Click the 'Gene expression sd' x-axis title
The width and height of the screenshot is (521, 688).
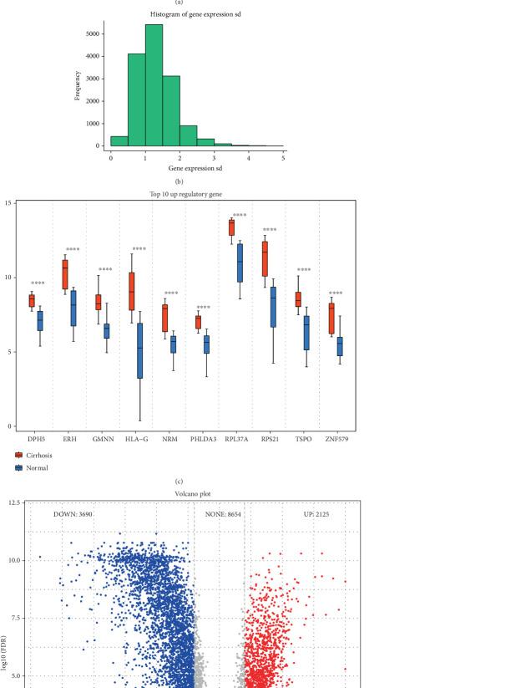[x=197, y=169]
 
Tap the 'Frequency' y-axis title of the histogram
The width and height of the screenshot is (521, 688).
[x=77, y=84]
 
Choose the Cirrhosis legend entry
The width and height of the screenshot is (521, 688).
[x=37, y=456]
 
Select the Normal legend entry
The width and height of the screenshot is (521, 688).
[x=34, y=467]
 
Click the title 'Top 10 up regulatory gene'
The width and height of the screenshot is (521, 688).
[x=185, y=194]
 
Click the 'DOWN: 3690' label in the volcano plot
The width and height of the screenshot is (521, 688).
[x=80, y=516]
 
